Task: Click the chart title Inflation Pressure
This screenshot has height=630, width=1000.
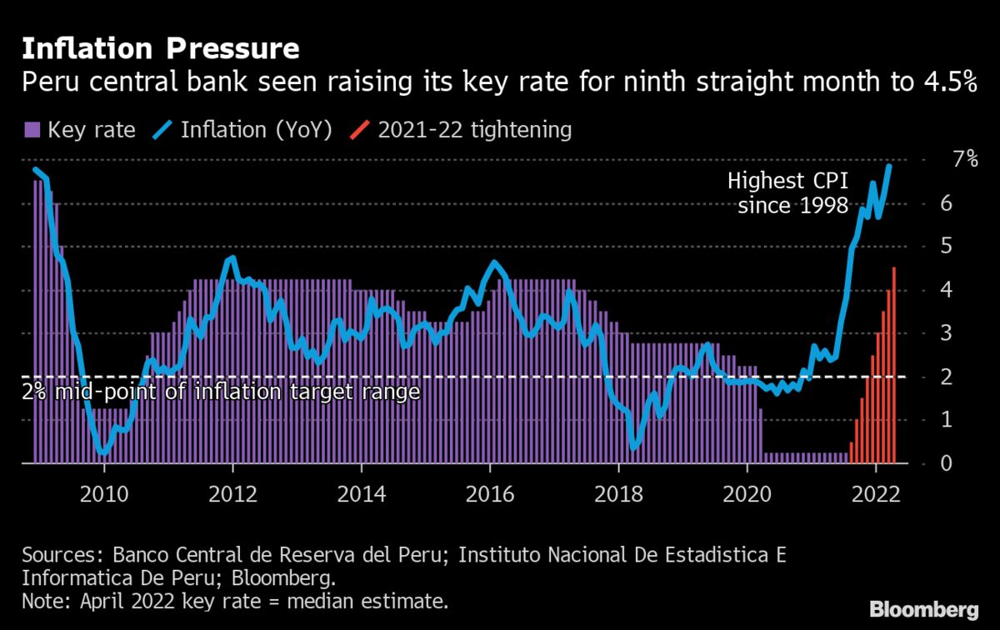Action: (160, 48)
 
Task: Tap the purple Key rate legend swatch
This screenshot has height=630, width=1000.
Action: (32, 130)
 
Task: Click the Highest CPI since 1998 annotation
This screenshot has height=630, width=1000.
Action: (787, 192)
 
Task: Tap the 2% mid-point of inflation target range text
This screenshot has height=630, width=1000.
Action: (221, 391)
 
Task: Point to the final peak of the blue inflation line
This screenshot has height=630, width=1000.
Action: (889, 167)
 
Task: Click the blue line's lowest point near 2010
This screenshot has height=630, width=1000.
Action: (102, 452)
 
